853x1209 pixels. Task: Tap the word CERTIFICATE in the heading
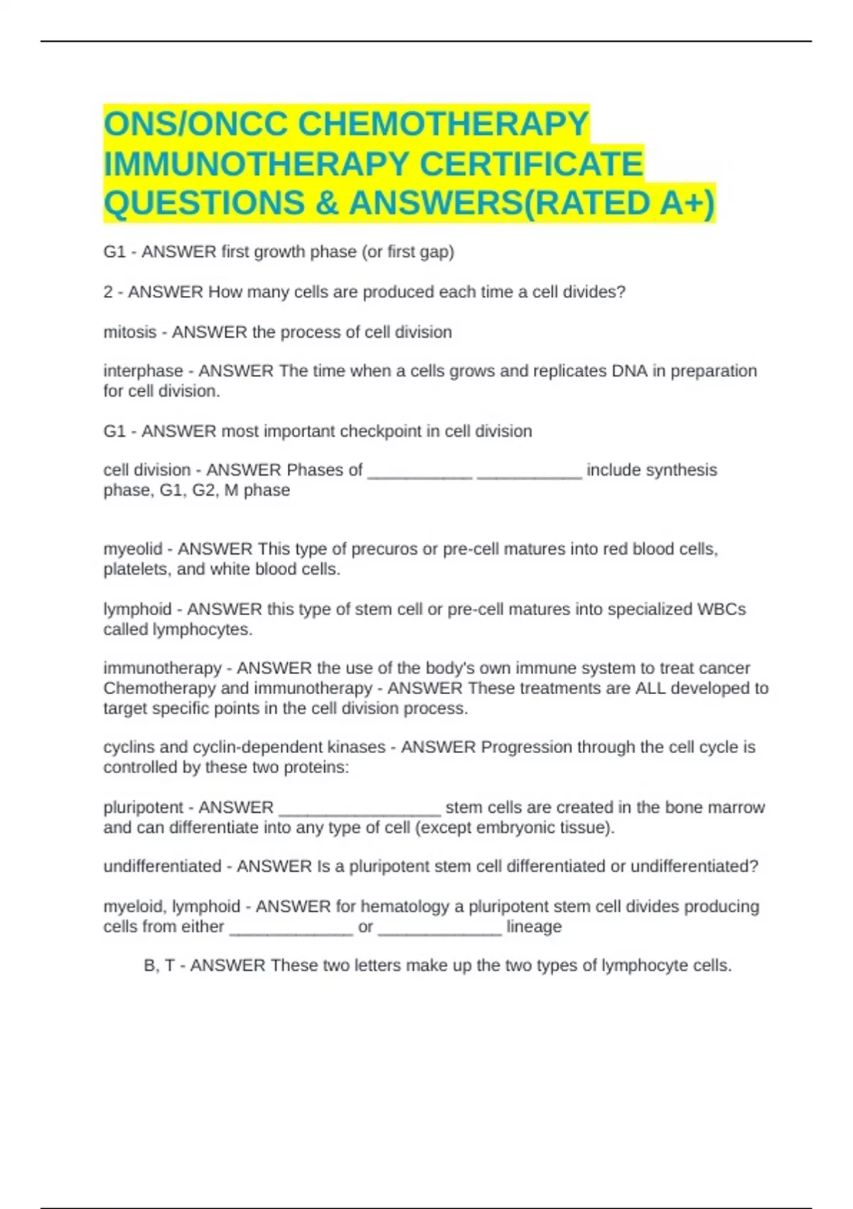[x=532, y=164]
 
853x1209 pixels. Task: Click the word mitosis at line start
[x=129, y=332]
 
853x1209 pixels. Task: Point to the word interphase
[x=143, y=371]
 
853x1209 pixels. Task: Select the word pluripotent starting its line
[x=144, y=808]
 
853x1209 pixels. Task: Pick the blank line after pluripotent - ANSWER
[x=360, y=809]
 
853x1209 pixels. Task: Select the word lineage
[x=534, y=927]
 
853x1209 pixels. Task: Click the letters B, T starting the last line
[x=159, y=966]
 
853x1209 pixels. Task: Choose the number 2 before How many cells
[x=108, y=292]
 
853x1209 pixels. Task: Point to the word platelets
[x=133, y=570]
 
